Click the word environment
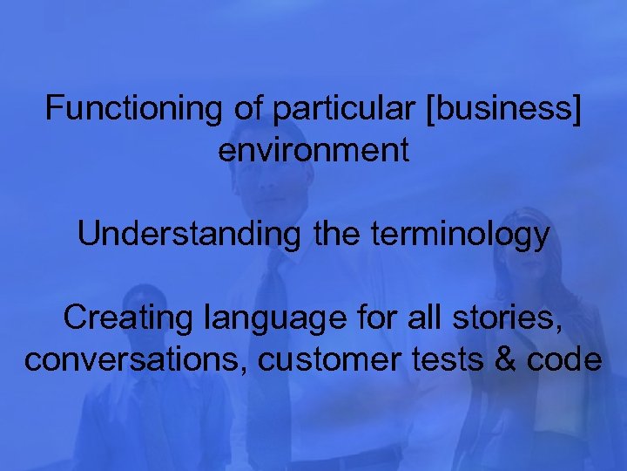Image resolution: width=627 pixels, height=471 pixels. coord(313,150)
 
